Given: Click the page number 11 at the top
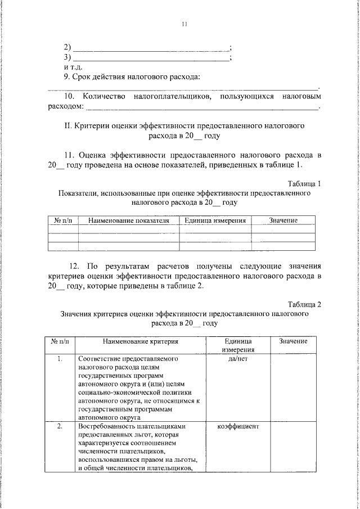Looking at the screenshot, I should [184, 24].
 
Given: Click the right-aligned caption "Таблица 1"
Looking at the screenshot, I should [304, 183].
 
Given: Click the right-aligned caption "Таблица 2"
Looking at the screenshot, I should [304, 304].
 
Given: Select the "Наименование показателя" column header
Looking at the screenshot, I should [129, 220].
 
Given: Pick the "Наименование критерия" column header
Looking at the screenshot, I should [140, 341].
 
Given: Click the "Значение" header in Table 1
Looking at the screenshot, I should [283, 220].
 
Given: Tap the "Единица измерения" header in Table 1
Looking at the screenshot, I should [215, 220].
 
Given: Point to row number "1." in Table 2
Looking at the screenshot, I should [60, 358].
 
